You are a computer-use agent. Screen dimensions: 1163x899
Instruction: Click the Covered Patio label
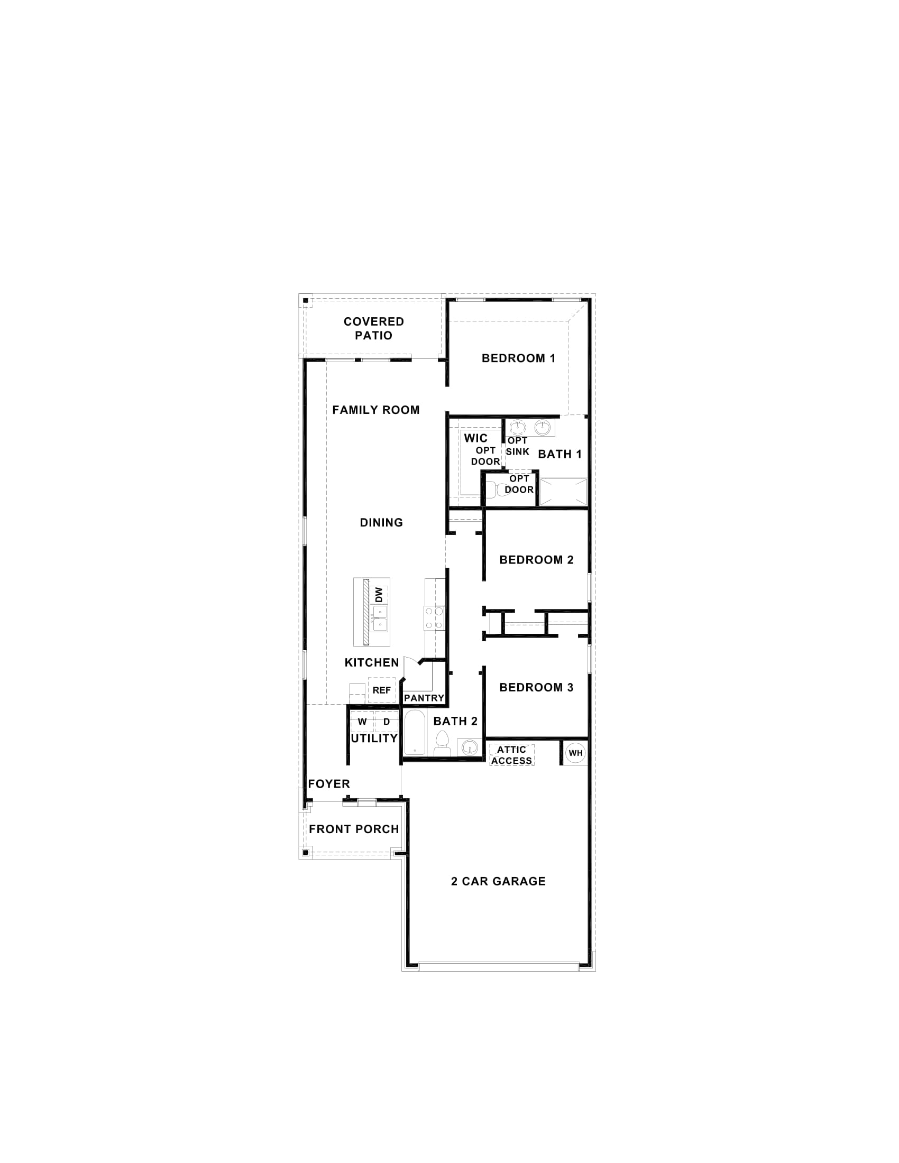(373, 329)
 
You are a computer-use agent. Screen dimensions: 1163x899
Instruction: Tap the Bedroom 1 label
(518, 358)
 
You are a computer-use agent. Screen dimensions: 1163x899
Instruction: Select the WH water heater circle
(575, 753)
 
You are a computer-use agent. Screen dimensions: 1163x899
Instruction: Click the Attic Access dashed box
(511, 755)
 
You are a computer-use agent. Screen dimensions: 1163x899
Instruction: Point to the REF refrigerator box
(381, 690)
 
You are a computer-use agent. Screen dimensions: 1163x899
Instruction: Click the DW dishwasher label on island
(379, 595)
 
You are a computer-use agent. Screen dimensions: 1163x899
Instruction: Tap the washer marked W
(362, 722)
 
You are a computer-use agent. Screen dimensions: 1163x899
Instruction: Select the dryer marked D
(387, 722)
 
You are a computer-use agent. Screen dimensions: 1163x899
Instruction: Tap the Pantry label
(424, 698)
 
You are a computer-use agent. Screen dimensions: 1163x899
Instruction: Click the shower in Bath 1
(563, 492)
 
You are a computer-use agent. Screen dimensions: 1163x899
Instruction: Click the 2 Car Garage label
(498, 881)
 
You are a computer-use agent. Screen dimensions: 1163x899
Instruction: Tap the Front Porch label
(354, 829)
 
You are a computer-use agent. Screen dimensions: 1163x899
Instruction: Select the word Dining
(381, 522)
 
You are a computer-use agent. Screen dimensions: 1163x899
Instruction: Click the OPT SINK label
(517, 446)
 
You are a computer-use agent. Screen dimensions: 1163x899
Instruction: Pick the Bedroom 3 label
(536, 687)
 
